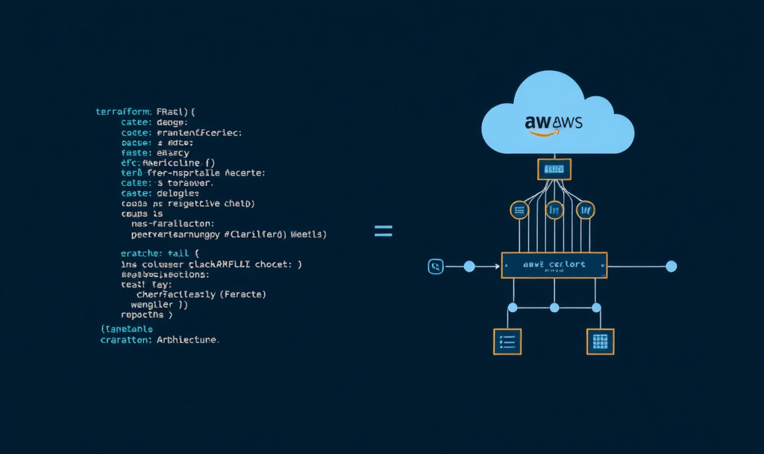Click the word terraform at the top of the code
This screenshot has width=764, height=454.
pyautogui.click(x=124, y=111)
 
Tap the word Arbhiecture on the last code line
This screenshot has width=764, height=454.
pyautogui.click(x=187, y=340)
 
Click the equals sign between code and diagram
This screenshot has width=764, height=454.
pyautogui.click(x=383, y=231)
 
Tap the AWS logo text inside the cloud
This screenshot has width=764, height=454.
pyautogui.click(x=554, y=121)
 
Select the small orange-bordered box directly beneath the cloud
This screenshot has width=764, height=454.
pyautogui.click(x=554, y=169)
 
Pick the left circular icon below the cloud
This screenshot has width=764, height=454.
pyautogui.click(x=519, y=211)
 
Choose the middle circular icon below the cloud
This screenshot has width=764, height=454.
pyautogui.click(x=554, y=211)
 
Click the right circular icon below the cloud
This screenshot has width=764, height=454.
pyautogui.click(x=586, y=211)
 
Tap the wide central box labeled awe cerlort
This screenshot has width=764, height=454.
pyautogui.click(x=554, y=265)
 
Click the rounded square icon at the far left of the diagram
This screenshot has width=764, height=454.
pyautogui.click(x=436, y=266)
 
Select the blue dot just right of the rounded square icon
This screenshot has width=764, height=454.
pyautogui.click(x=469, y=266)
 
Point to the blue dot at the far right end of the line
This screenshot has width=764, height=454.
pyautogui.click(x=671, y=266)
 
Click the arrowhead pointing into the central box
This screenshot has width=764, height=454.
pyautogui.click(x=497, y=266)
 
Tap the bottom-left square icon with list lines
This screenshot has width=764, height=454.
pyautogui.click(x=507, y=341)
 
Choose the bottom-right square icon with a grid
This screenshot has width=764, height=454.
pyautogui.click(x=600, y=341)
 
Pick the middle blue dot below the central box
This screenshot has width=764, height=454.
pyautogui.click(x=554, y=308)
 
